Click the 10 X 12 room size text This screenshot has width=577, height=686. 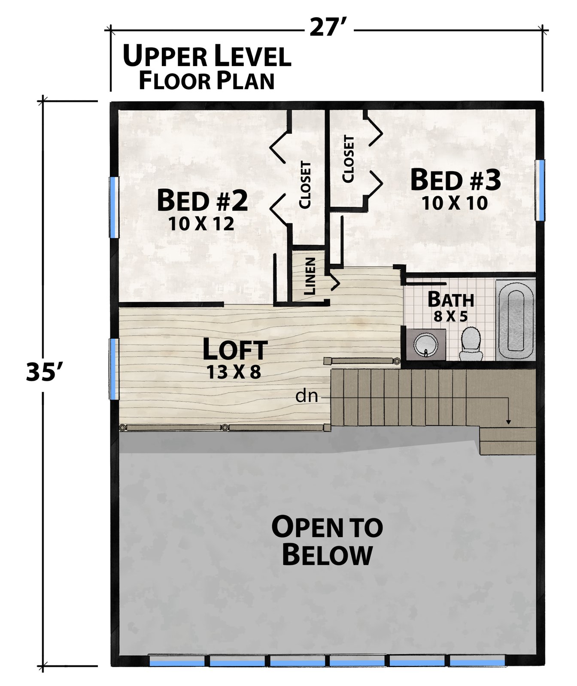(x=201, y=224)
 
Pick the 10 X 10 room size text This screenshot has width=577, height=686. (x=455, y=203)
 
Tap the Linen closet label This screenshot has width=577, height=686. (x=310, y=276)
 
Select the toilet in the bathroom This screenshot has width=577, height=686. (x=471, y=344)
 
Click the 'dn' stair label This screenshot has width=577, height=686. (x=307, y=396)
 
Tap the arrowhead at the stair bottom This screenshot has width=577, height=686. (x=508, y=421)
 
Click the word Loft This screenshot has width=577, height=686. (x=235, y=349)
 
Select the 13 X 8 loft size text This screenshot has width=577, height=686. (x=234, y=372)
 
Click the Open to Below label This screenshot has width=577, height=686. (x=327, y=541)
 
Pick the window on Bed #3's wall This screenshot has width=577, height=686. (x=540, y=190)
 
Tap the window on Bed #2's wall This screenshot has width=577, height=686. (x=114, y=207)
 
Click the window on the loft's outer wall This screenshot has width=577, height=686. (x=114, y=369)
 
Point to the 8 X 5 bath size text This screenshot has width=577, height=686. (x=450, y=317)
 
